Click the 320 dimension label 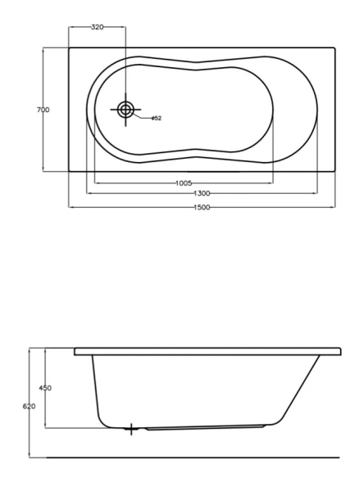click(x=98, y=27)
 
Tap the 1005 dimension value click(x=184, y=182)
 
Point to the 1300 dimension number click(x=202, y=193)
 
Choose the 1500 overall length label click(x=202, y=208)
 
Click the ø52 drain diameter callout click(x=156, y=119)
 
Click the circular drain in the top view click(x=126, y=109)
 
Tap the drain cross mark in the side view click(x=131, y=428)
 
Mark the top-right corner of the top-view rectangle click(x=336, y=47)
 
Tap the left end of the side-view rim click(x=75, y=351)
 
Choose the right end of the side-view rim click(x=339, y=351)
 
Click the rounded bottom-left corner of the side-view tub click(x=102, y=420)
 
